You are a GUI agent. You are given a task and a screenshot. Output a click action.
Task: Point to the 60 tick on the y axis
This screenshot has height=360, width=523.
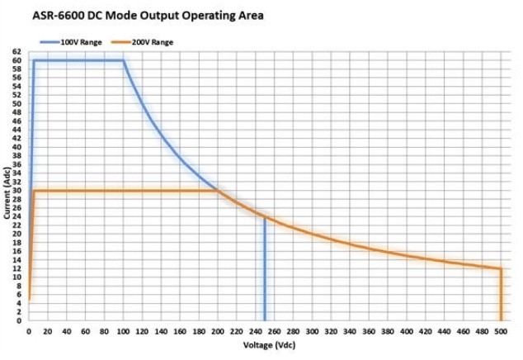(x=16, y=60)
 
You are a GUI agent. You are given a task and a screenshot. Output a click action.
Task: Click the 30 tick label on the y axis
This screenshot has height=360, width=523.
(x=16, y=191)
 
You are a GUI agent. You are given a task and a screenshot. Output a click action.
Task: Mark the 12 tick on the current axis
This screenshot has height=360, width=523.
(x=16, y=269)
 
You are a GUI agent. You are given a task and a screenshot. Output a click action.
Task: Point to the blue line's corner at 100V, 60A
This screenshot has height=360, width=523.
(x=124, y=60)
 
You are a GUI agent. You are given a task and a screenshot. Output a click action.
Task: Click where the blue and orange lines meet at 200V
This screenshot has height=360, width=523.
(x=218, y=191)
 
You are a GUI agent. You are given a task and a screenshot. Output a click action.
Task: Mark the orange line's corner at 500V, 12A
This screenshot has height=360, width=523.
(x=501, y=269)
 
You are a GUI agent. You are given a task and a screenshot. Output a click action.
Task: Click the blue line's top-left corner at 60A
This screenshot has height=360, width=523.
(x=34, y=60)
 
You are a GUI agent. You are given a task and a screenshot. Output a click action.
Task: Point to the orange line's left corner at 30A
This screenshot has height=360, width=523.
(x=34, y=191)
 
